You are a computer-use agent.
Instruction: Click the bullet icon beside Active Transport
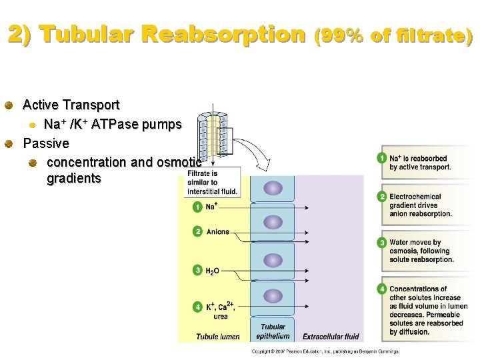tap(9, 105)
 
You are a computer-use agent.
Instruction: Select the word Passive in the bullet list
tap(46, 143)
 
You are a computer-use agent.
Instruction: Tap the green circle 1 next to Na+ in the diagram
tap(197, 207)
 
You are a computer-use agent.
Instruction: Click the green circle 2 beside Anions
tap(197, 231)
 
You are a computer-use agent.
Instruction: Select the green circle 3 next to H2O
tap(197, 270)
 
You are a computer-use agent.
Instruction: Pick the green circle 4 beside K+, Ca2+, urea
tap(197, 307)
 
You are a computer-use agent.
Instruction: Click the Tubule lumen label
tap(217, 337)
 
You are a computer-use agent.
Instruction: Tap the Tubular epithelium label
tap(273, 331)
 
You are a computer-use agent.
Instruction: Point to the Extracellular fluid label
tap(331, 337)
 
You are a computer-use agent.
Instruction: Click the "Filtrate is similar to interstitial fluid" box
tap(211, 182)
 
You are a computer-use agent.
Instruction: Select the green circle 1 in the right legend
tap(381, 158)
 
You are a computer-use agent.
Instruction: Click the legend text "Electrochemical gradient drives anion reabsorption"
tap(421, 205)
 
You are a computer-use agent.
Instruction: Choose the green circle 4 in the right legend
tap(381, 289)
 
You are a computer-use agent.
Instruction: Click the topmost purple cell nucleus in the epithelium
tap(273, 188)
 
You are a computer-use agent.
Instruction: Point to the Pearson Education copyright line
tap(325, 351)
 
